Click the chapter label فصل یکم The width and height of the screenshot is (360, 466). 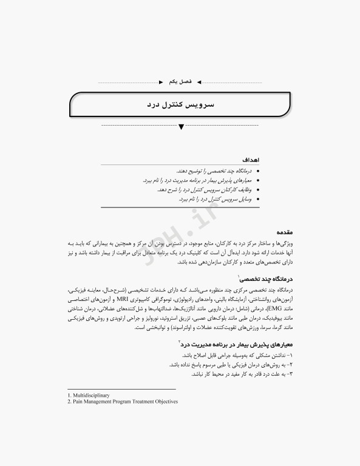coord(180,81)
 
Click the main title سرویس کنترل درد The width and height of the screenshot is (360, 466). coord(180,105)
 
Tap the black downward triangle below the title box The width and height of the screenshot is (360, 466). coord(180,127)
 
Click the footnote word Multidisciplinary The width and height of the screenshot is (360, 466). coord(92,395)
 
